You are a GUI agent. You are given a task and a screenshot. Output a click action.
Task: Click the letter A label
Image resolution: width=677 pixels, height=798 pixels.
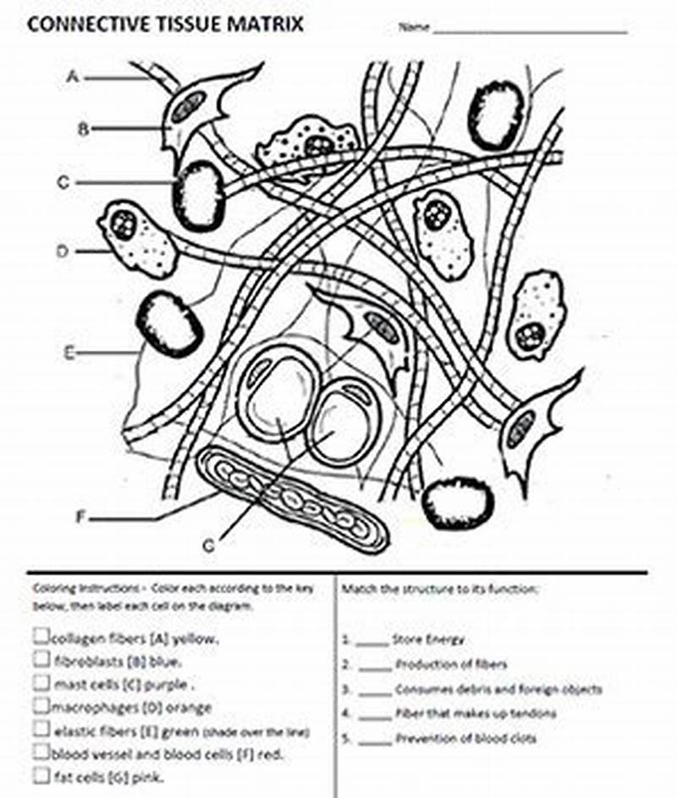click(73, 77)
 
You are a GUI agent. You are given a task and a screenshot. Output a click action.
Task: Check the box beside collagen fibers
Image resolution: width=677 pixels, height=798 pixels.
click(41, 635)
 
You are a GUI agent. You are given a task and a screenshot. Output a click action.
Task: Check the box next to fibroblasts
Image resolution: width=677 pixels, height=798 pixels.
click(41, 658)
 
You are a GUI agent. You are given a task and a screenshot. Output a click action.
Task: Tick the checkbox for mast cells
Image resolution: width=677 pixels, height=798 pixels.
click(41, 681)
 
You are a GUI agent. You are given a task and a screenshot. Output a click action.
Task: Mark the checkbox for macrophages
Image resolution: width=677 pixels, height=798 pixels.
click(41, 705)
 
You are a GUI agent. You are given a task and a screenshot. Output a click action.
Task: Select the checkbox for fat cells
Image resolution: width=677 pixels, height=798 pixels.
click(41, 774)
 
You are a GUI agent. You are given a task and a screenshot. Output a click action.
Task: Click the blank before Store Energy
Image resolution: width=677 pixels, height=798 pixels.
click(372, 640)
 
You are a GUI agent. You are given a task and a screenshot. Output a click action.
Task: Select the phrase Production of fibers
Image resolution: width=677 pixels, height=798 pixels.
click(451, 665)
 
